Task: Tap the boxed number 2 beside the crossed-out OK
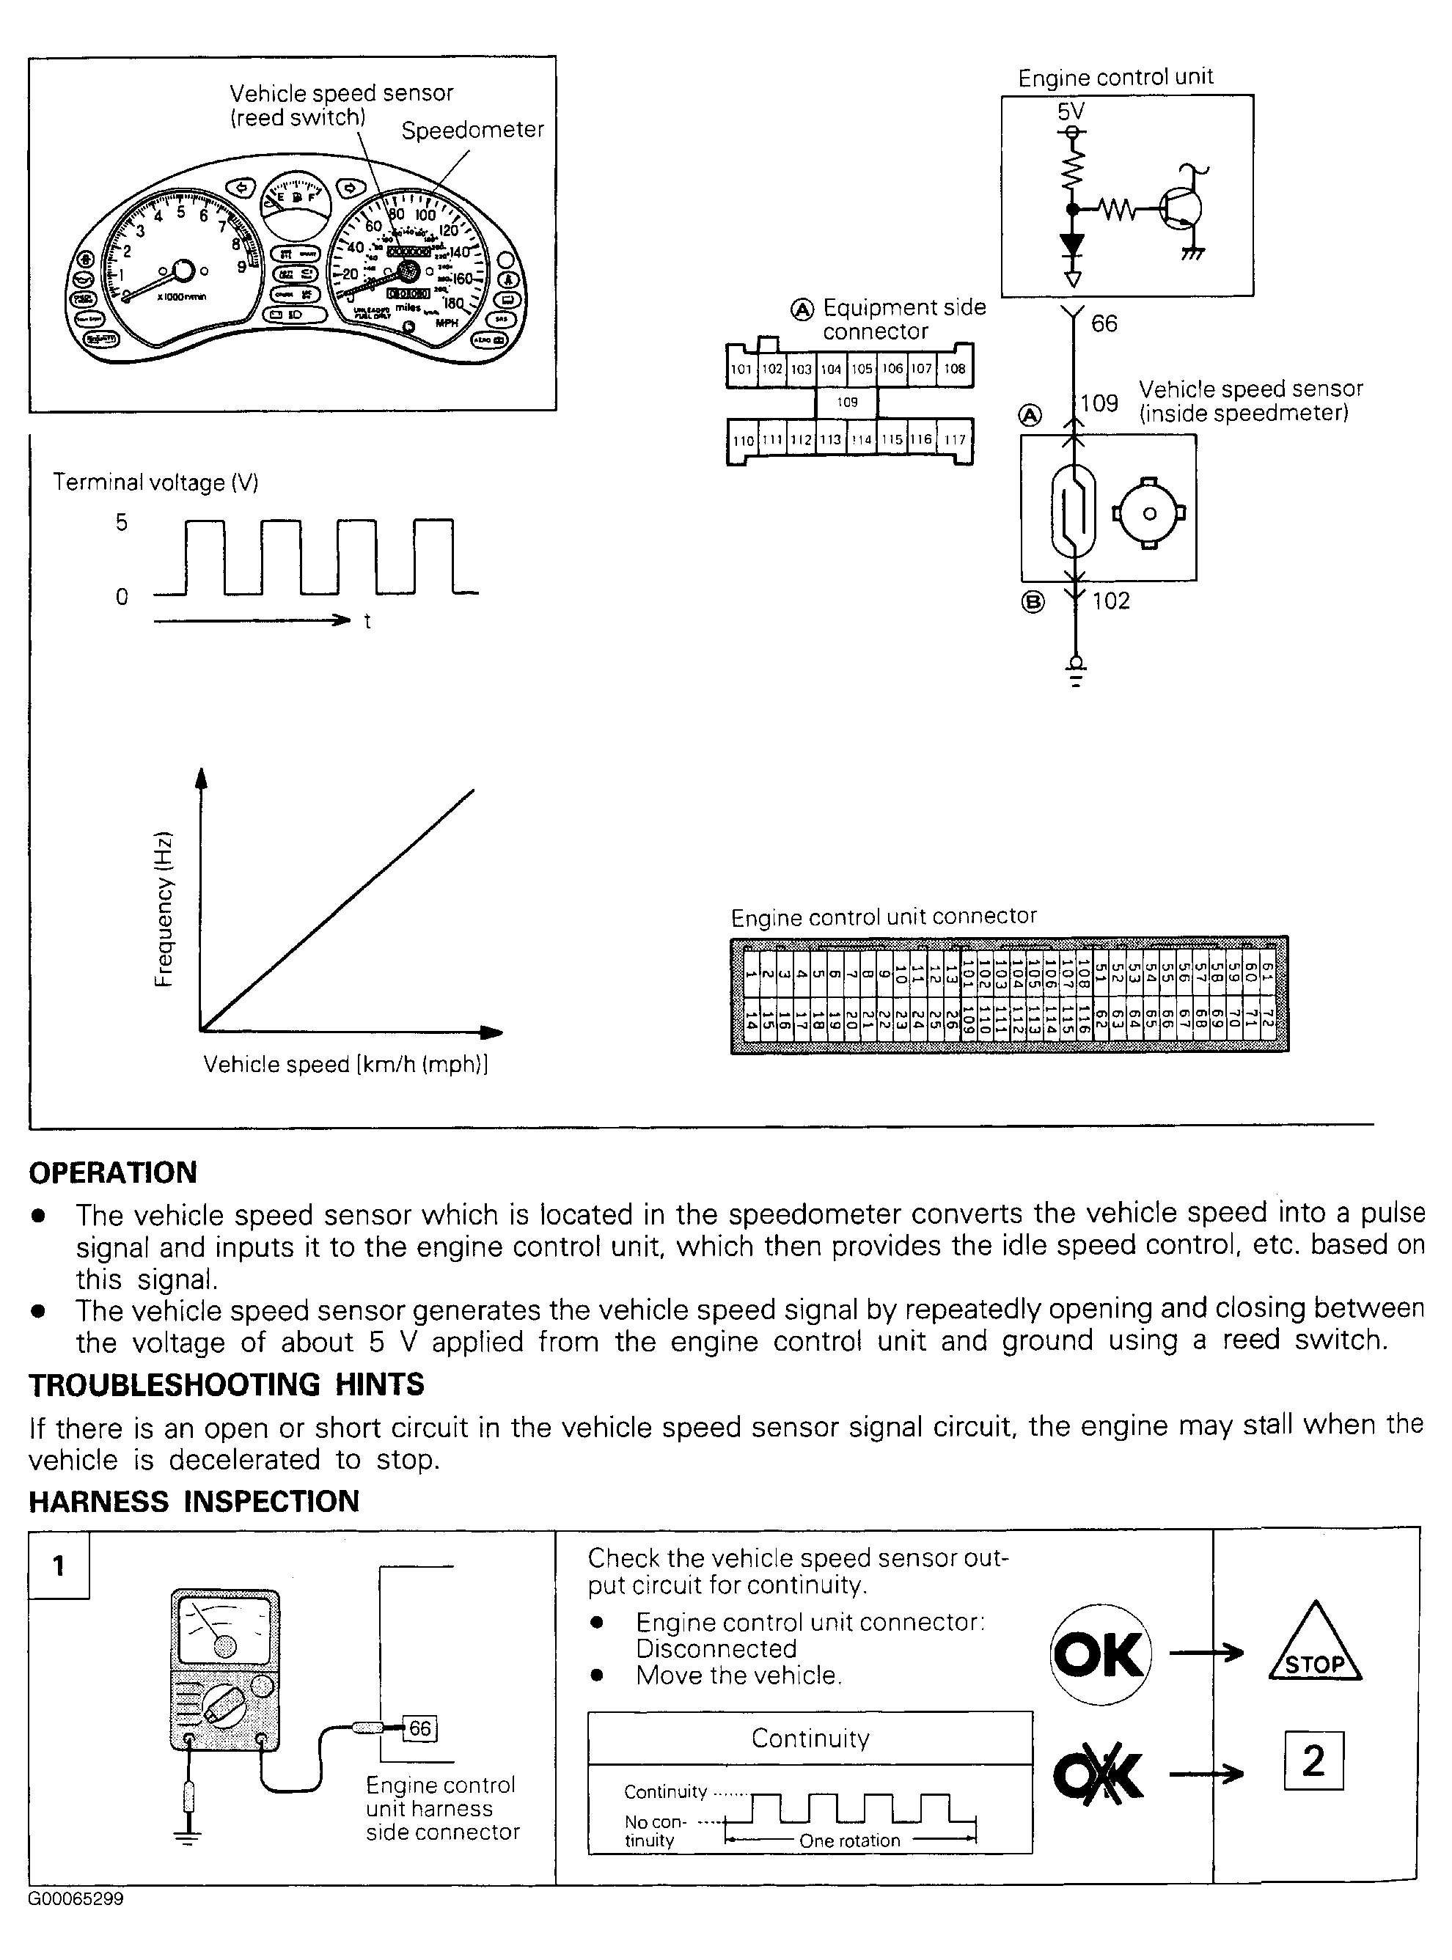tap(1313, 1761)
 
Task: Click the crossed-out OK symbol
tap(1099, 1774)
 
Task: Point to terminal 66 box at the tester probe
tap(420, 1728)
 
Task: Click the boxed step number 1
tap(59, 1566)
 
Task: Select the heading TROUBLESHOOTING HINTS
tap(227, 1385)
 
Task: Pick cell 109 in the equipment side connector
tap(847, 403)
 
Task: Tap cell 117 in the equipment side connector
tap(955, 439)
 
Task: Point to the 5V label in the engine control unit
tap(1071, 111)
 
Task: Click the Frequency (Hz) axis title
tap(164, 909)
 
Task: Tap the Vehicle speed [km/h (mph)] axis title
tap(345, 1065)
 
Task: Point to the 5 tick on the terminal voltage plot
tap(121, 522)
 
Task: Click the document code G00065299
tap(76, 1898)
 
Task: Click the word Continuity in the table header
tap(810, 1739)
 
